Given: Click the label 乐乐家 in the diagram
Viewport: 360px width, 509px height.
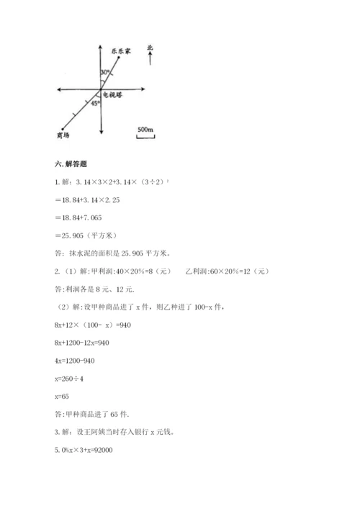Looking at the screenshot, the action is (122, 52).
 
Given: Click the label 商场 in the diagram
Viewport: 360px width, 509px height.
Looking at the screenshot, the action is (62, 135).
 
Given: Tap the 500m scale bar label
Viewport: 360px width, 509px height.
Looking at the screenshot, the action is (145, 129).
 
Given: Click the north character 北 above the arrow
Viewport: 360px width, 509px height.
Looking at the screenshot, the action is (150, 48).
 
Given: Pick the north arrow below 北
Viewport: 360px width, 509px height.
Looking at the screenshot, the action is (150, 60).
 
